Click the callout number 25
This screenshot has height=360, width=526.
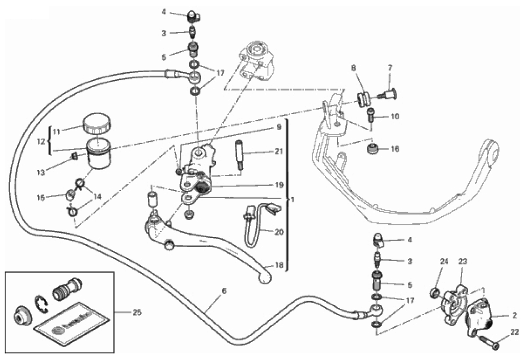coord(130,312)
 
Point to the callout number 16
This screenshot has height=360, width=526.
coord(394,150)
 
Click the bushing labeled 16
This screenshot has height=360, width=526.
coord(374,150)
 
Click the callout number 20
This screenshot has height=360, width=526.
coord(279,232)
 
